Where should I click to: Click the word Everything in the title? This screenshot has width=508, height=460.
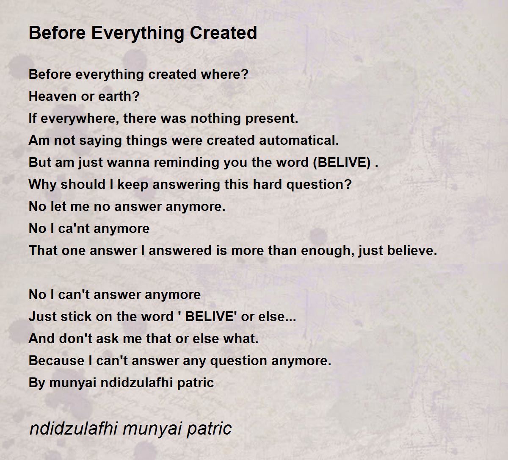[x=138, y=33]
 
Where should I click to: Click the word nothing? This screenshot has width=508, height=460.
[x=215, y=118]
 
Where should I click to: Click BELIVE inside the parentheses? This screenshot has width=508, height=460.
[x=342, y=163]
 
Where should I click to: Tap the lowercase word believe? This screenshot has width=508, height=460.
[x=409, y=250]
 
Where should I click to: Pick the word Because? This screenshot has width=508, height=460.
[x=56, y=360]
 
